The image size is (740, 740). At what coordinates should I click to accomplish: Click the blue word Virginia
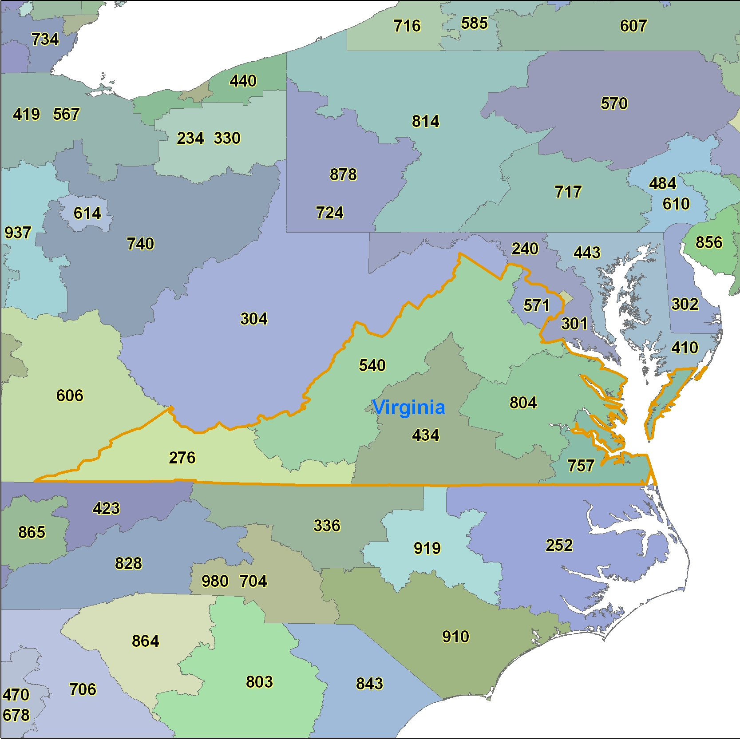408,408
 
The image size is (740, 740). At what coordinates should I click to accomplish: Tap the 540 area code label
372,365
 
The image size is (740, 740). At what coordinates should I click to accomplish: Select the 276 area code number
182,458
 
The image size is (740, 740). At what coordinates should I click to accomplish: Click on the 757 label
581,466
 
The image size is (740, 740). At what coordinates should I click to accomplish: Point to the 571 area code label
536,305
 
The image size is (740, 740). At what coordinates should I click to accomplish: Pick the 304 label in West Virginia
254,319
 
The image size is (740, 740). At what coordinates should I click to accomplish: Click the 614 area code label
87,214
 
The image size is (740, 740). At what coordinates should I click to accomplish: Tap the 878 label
343,174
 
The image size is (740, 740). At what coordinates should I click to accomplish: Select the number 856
709,242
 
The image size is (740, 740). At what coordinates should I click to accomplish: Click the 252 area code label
559,545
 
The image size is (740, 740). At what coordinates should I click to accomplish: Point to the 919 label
427,548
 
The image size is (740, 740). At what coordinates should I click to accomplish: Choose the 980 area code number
215,581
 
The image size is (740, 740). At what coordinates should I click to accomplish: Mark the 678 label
16,715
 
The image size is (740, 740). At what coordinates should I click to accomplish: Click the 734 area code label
45,39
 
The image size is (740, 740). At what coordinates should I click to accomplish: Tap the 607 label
633,26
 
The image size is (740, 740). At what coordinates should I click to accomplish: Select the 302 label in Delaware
685,304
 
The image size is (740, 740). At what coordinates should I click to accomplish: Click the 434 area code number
425,435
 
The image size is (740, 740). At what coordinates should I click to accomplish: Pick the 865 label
32,532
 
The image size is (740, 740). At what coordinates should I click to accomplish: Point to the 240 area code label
525,249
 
